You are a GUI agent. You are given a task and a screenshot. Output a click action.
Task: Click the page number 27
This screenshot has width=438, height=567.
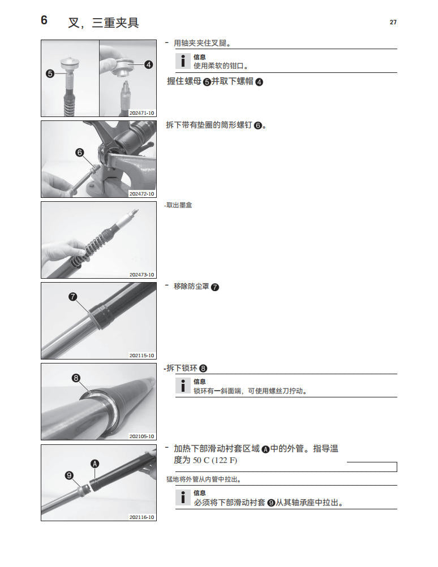(x=393, y=22)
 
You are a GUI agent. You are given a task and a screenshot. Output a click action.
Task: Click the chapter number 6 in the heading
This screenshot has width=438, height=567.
(x=44, y=21)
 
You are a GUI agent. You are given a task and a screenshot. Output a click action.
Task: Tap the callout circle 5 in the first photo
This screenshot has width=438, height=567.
(x=50, y=73)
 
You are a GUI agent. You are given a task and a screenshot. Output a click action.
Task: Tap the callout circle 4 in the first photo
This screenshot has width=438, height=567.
(x=148, y=64)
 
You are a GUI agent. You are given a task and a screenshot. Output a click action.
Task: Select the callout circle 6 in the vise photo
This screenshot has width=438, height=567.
(x=79, y=152)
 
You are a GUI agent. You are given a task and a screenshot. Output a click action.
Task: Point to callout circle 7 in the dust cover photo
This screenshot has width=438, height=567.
(x=72, y=296)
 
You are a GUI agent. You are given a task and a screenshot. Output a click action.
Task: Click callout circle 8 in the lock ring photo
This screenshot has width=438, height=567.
(x=76, y=378)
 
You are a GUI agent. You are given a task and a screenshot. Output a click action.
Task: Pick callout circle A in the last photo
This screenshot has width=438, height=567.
(x=95, y=464)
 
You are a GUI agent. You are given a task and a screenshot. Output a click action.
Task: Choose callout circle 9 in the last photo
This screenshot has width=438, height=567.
(x=70, y=476)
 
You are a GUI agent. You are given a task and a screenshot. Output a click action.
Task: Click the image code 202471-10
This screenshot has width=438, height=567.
(x=141, y=113)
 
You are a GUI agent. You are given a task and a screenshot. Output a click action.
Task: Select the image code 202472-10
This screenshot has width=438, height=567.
(x=141, y=194)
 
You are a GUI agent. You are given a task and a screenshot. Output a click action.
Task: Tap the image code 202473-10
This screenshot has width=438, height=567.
(x=141, y=275)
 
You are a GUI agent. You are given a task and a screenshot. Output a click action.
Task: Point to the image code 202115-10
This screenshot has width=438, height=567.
(x=141, y=356)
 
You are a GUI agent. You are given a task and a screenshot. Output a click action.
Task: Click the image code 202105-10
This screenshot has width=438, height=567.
(x=141, y=436)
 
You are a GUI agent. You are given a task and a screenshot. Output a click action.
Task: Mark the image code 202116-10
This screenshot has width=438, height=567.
(x=141, y=517)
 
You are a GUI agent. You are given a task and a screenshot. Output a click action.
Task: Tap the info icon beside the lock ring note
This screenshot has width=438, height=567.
(x=182, y=386)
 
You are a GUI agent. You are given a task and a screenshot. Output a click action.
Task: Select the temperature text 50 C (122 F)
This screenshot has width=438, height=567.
(x=215, y=460)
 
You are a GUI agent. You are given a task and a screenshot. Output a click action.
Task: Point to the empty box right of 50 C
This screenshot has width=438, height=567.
(x=371, y=467)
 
